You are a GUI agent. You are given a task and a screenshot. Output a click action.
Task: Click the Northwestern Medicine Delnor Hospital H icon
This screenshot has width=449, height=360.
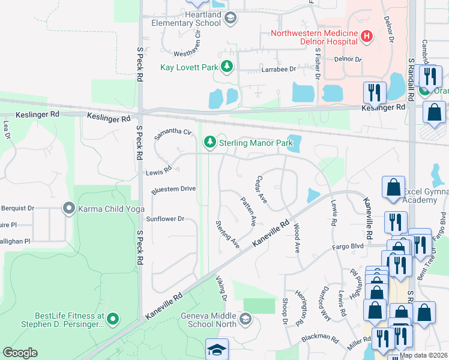367,37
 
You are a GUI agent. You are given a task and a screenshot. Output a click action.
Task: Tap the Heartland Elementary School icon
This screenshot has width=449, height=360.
230,19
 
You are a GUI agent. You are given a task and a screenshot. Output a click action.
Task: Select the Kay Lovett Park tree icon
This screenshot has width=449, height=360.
227,67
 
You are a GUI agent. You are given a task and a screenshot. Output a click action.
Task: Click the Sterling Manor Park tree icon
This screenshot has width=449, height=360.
209,143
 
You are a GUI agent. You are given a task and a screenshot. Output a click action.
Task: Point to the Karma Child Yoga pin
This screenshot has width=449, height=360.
69,208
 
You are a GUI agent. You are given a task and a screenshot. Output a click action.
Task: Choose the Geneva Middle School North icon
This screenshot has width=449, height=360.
245,319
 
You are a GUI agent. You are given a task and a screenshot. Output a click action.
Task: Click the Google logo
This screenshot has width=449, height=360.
20,353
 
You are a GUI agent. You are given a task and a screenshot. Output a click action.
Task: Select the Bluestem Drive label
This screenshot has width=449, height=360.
173,189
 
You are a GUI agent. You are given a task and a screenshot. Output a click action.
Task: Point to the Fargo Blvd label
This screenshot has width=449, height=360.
349,247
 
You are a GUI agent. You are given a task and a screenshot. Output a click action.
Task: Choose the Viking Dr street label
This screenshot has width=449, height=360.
223,289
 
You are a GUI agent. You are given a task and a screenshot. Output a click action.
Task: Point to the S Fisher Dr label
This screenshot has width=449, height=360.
317,65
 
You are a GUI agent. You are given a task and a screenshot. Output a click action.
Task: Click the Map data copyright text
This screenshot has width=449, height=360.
423,355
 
